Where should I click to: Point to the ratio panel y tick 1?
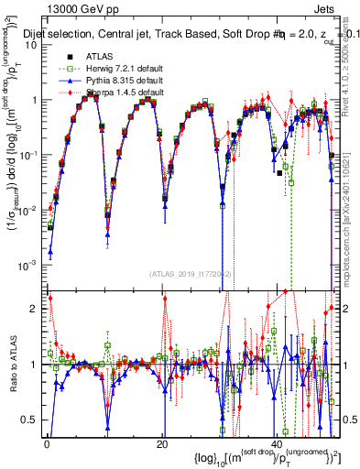[x=36, y=365]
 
